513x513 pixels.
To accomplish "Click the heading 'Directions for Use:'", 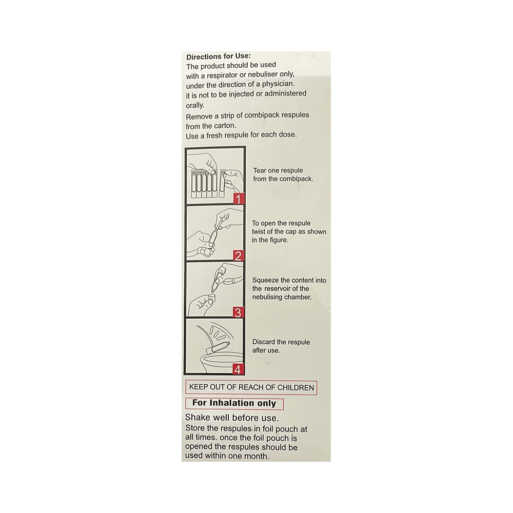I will coord(219,57).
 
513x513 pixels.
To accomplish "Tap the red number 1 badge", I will coord(239,199).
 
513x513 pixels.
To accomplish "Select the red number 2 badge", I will coord(239,256).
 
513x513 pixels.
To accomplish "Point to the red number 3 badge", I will coord(239,312).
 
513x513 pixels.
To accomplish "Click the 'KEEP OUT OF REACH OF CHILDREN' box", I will coord(251,388).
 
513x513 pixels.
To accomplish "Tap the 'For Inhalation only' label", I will coord(234,404).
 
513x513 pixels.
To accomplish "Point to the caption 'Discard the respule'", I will coord(281,342).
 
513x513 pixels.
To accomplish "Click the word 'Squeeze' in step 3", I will coord(266,280).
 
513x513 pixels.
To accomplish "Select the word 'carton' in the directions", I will coord(224,126).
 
